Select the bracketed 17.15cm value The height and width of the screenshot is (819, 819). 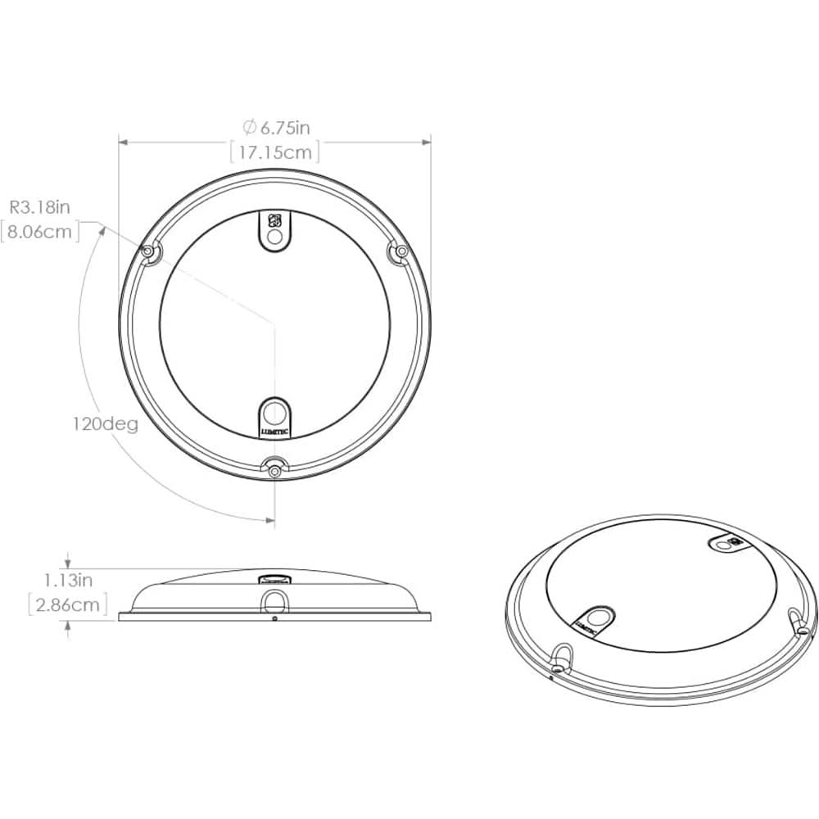pos(274,152)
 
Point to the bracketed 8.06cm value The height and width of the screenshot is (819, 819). pos(40,232)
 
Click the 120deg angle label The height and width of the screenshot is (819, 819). pos(104,424)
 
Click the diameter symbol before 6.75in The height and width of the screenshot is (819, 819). pos(249,127)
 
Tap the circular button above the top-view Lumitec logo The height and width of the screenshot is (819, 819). pos(275,409)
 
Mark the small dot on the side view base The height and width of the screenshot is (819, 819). pos(274,618)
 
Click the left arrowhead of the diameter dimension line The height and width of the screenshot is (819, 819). pos(123,142)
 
